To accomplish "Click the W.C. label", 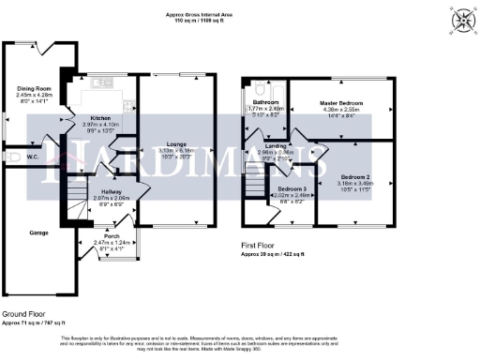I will click(33, 157).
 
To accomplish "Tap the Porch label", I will click(114, 236).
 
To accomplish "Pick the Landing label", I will click(276, 145).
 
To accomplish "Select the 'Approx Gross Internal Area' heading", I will click(241, 15).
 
